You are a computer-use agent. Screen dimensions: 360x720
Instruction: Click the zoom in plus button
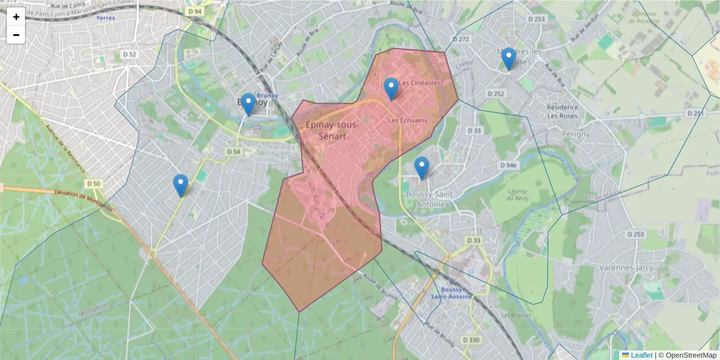point(16,17)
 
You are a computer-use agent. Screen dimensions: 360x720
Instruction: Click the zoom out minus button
point(16,35)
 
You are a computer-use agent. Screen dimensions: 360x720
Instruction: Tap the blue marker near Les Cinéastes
point(391,89)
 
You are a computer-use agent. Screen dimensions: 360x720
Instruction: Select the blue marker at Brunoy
point(248,104)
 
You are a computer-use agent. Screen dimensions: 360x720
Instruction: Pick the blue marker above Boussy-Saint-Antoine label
point(422,168)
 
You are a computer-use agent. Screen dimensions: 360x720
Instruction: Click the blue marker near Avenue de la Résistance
point(180,185)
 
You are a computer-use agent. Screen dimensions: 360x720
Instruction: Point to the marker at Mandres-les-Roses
point(509,59)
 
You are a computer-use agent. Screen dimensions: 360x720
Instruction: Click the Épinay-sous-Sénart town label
point(332,131)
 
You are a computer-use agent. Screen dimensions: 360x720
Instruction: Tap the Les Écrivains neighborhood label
point(407,121)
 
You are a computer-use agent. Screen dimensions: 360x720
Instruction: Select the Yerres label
point(105,18)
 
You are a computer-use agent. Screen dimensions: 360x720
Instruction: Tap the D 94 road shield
point(194,11)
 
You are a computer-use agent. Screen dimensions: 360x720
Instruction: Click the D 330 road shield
point(472,340)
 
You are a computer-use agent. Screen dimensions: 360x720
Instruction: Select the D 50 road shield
point(94,184)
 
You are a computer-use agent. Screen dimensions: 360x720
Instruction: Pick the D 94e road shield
point(508,165)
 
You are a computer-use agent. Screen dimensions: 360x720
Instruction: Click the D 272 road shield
point(461,39)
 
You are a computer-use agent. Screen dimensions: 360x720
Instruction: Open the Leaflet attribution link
point(641,355)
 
